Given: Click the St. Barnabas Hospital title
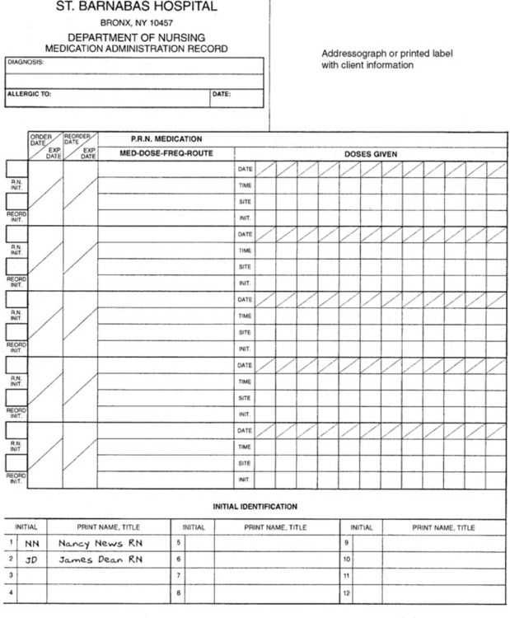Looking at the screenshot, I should coord(136,7).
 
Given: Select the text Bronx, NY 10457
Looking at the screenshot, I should coord(136,23).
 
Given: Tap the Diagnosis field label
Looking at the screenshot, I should coord(26,62).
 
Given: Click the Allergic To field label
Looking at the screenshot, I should coord(30,94).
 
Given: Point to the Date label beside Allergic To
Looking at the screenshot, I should coord(221,94).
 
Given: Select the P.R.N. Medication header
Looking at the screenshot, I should coord(166,138).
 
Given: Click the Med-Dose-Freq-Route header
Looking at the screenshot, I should coord(166,153).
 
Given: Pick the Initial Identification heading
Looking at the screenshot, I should coord(255,507).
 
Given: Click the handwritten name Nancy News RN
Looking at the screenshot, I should coord(101,543).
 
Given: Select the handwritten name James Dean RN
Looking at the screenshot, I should coord(101,559).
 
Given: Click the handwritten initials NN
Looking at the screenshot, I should coord(32,543).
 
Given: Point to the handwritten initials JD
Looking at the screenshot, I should coord(32,559).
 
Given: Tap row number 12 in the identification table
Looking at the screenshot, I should coord(347,592).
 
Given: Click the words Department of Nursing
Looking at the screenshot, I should coord(136,38).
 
